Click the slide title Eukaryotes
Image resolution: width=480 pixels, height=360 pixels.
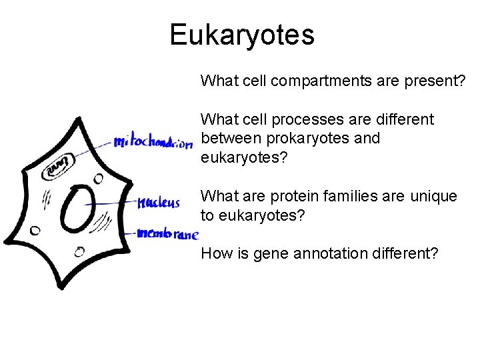click(241, 35)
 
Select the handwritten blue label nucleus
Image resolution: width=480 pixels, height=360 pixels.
click(158, 203)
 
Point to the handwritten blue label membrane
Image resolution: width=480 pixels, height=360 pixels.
click(167, 234)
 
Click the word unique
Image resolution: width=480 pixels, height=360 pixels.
click(433, 197)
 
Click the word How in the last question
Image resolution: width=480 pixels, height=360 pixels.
click(214, 254)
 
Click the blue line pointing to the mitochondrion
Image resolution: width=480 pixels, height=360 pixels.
click(93, 149)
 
